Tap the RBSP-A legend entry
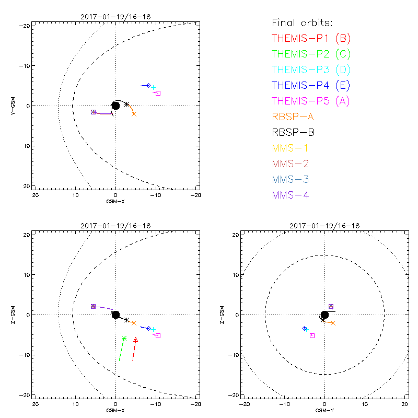293,117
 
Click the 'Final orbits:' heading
303,22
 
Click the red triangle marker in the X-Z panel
136,340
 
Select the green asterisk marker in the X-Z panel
124,339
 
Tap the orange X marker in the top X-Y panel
134,114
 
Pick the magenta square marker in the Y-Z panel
312,335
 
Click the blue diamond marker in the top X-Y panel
148,86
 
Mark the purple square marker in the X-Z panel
93,306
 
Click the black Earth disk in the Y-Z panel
324,315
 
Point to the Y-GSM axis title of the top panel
13,106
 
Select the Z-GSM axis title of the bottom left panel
13,315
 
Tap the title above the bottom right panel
324,226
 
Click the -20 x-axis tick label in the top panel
195,195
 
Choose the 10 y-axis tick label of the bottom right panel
236,275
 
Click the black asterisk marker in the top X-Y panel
126,104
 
